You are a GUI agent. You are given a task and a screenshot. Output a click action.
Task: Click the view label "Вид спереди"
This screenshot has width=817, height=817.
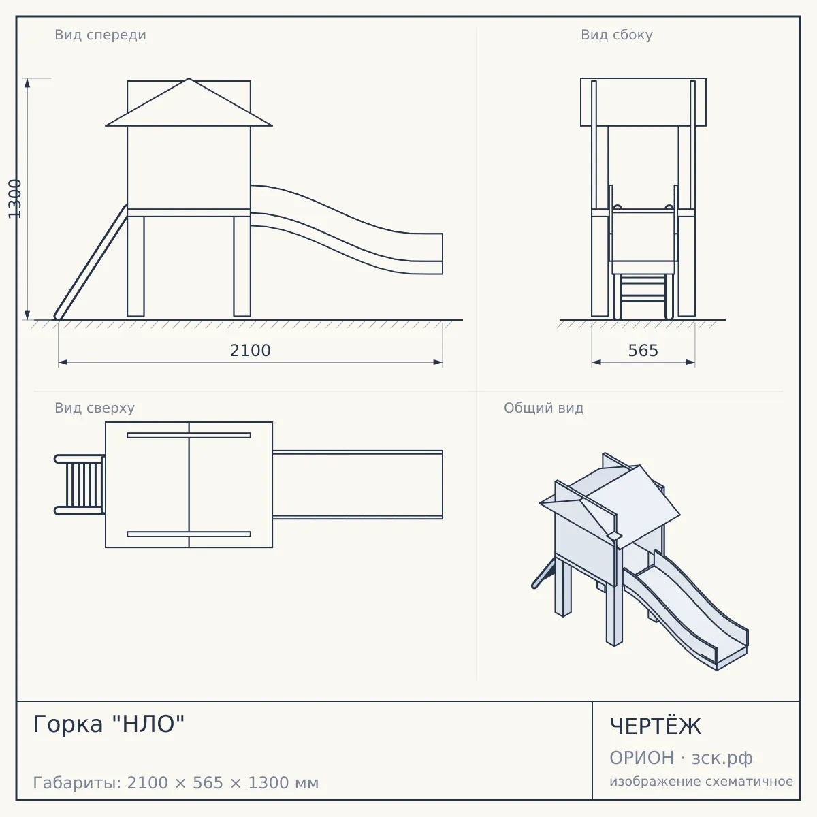tap(101, 35)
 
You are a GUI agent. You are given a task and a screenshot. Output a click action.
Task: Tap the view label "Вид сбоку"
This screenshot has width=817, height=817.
tap(616, 35)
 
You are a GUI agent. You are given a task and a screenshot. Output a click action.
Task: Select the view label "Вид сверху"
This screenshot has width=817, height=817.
tap(95, 408)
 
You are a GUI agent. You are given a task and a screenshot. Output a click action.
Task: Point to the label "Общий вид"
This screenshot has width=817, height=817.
tap(543, 408)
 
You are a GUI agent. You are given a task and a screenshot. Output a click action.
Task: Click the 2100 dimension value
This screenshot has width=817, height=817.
tap(250, 351)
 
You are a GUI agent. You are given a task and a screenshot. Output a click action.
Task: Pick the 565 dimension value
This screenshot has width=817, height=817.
tap(643, 351)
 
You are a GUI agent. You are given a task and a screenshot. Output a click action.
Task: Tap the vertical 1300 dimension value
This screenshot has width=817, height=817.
tap(15, 199)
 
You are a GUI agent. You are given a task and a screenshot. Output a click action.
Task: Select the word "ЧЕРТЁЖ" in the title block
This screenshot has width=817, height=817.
tap(656, 726)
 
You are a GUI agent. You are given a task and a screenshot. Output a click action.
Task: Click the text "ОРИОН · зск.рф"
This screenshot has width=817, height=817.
tap(681, 758)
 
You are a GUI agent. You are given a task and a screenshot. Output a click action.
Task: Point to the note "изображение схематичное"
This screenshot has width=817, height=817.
tap(701, 781)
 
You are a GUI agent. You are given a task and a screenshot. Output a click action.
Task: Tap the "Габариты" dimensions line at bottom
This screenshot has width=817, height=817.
tap(176, 783)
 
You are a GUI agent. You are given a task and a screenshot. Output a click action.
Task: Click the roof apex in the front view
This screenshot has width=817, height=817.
tap(189, 78)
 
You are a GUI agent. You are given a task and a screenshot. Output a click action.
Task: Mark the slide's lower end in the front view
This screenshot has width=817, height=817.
tap(443, 253)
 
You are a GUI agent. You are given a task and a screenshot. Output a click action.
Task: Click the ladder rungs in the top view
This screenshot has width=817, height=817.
tap(84, 485)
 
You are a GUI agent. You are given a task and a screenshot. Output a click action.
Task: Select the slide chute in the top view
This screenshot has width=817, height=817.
tap(357, 485)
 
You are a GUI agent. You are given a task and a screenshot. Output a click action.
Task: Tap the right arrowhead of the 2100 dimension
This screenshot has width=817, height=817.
tap(438, 362)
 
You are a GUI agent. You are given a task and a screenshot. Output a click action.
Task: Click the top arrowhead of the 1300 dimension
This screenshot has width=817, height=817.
tap(27, 83)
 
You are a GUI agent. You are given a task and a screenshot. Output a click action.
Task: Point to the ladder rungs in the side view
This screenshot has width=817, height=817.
tap(643, 288)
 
